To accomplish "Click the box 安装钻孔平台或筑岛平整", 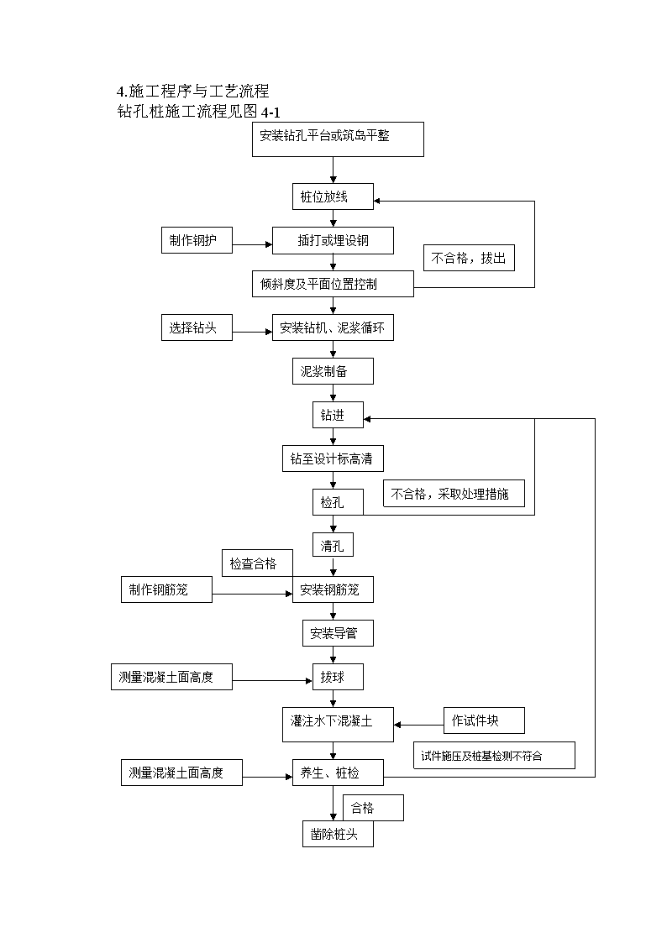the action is coord(338,139).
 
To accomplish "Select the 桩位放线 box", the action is coord(333,196).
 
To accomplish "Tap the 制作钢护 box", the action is coord(197,240).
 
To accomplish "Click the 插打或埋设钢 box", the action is coord(333,240).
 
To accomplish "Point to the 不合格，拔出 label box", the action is coord(469,258).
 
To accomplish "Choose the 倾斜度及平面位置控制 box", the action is coord(333,284).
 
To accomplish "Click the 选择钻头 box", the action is coord(197,327).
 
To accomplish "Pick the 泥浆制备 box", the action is coord(333,371).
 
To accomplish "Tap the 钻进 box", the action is coord(338,415).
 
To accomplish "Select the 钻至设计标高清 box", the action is coord(333,458).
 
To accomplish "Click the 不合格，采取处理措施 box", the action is coord(454,493).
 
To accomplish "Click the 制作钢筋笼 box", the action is coord(166,589).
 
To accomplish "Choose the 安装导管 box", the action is coord(338,633).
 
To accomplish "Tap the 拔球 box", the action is coord(338,677).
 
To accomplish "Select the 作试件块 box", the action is coord(484,720).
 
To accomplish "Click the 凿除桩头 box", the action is coord(338,834).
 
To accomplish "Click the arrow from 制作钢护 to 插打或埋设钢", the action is coord(253,244).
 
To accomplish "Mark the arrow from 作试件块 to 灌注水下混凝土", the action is coord(419,725).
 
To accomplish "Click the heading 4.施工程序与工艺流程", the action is coord(193,92).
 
